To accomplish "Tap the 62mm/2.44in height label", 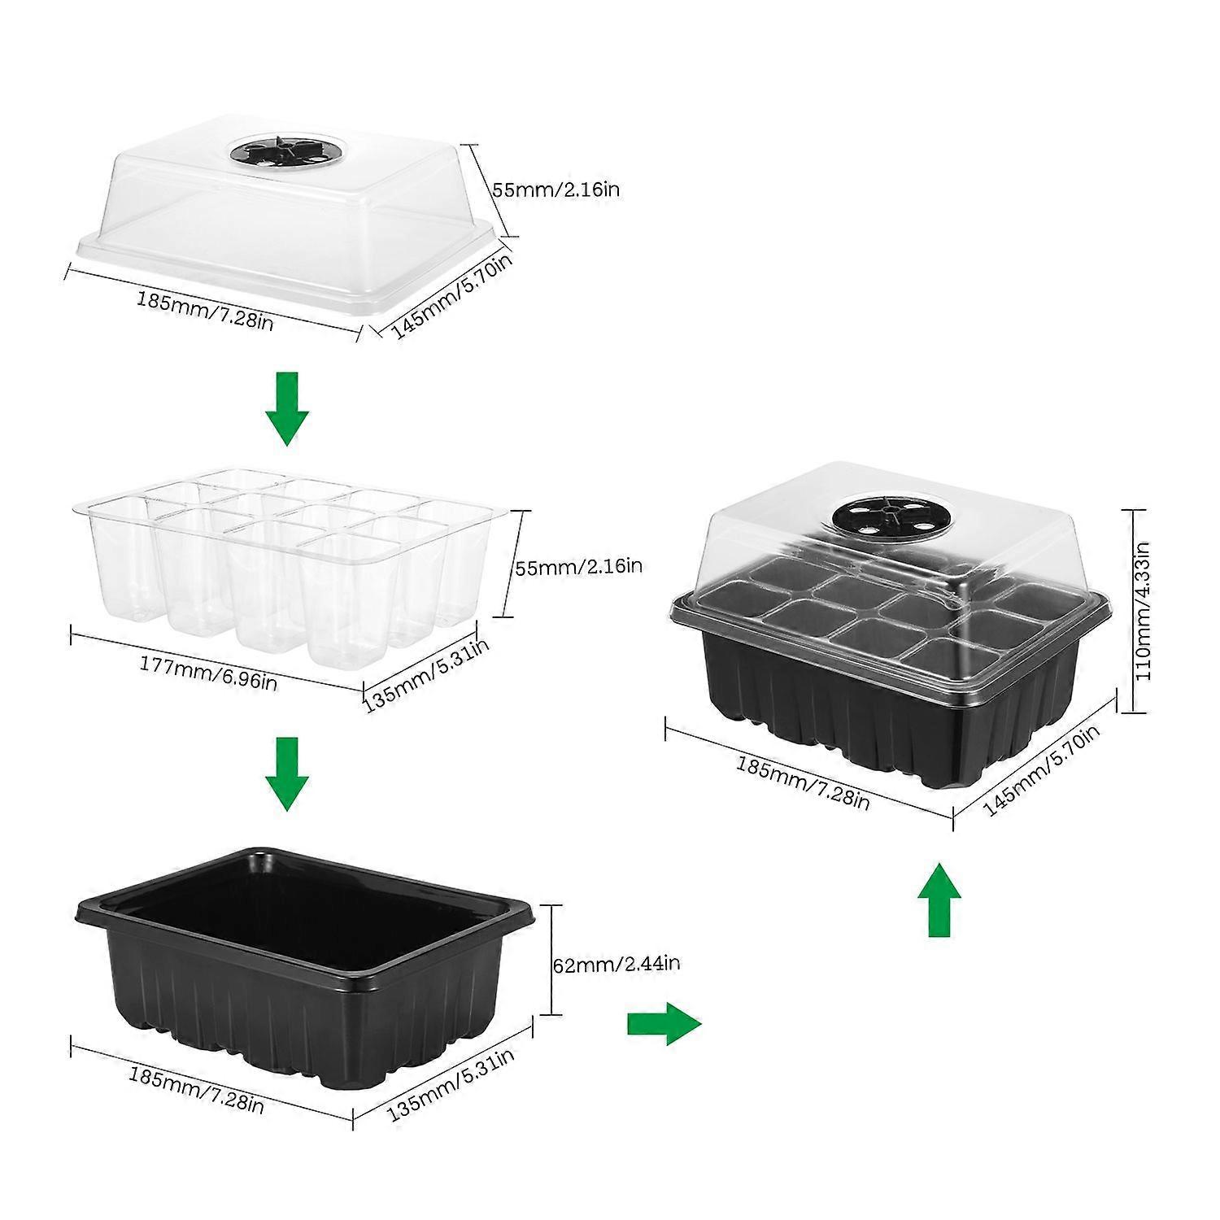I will pyautogui.click(x=616, y=965).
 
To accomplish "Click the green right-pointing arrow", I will pyautogui.click(x=663, y=1023).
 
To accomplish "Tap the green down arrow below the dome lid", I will pyautogui.click(x=286, y=408).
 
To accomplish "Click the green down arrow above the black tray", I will pyautogui.click(x=286, y=773).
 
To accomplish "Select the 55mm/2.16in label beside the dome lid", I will pyautogui.click(x=556, y=190).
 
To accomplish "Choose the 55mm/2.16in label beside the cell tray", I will pyautogui.click(x=578, y=566).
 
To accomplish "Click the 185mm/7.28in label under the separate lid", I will pyautogui.click(x=204, y=310).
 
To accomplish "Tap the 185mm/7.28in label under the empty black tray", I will pyautogui.click(x=195, y=1089).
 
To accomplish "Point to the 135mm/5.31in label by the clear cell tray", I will pyautogui.click(x=426, y=673).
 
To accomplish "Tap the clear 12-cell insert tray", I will pyautogui.click(x=285, y=561).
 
